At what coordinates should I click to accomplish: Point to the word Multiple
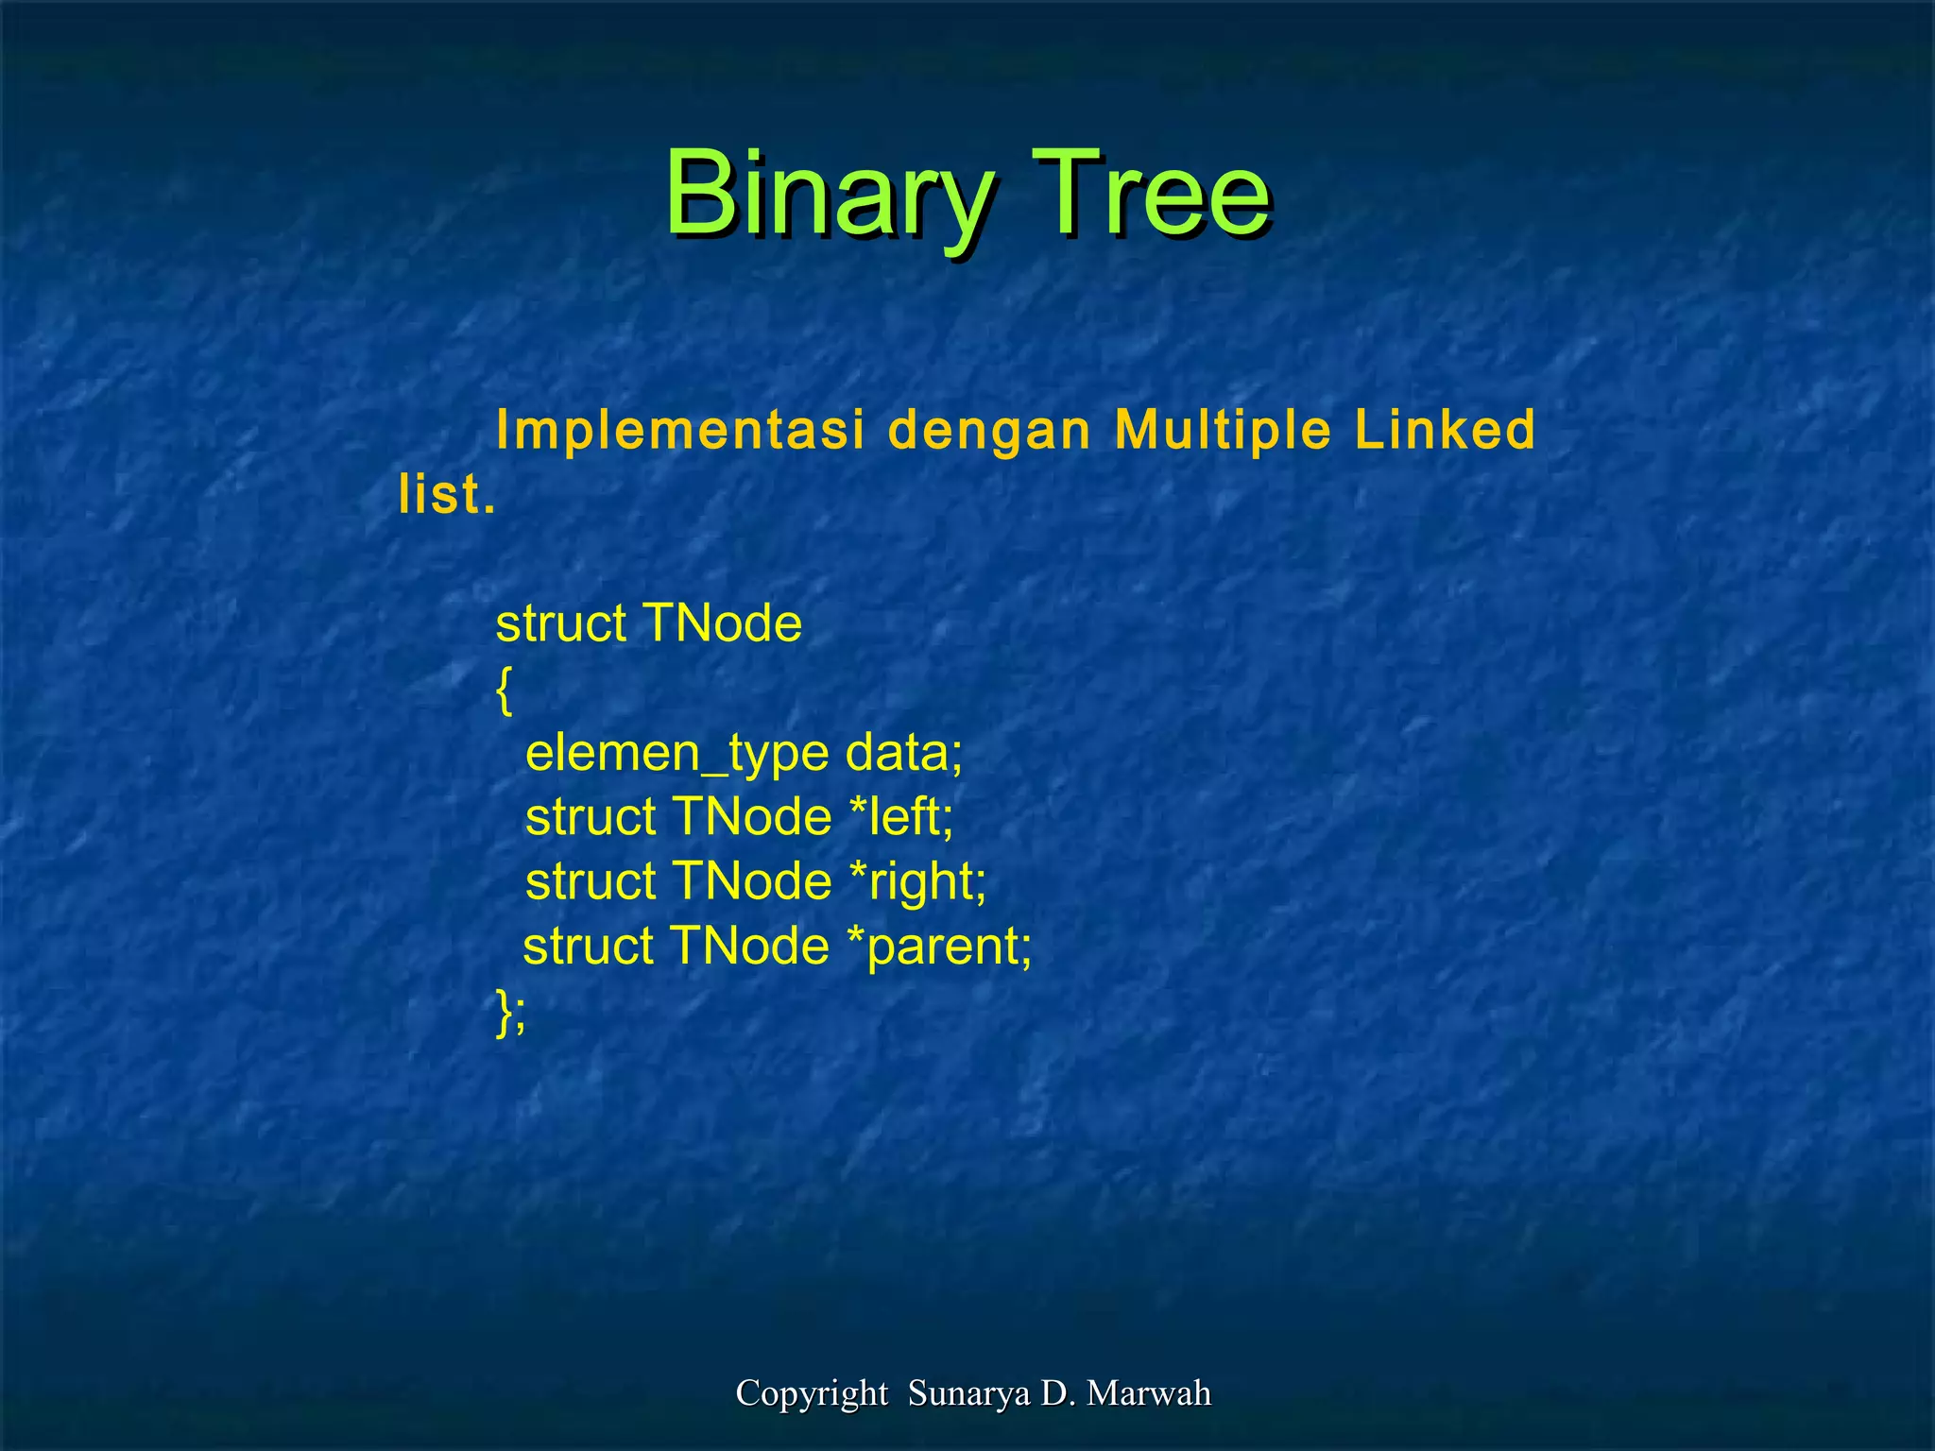(1223, 431)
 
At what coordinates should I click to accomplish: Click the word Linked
(1445, 430)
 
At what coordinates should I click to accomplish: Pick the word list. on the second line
(446, 494)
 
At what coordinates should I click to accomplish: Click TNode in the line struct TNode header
(722, 623)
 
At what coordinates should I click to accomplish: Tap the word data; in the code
(903, 753)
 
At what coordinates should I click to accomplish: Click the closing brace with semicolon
(510, 1012)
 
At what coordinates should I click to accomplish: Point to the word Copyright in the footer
(811, 1393)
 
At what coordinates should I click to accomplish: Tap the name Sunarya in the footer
(968, 1393)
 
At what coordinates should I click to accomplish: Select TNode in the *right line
(752, 881)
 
